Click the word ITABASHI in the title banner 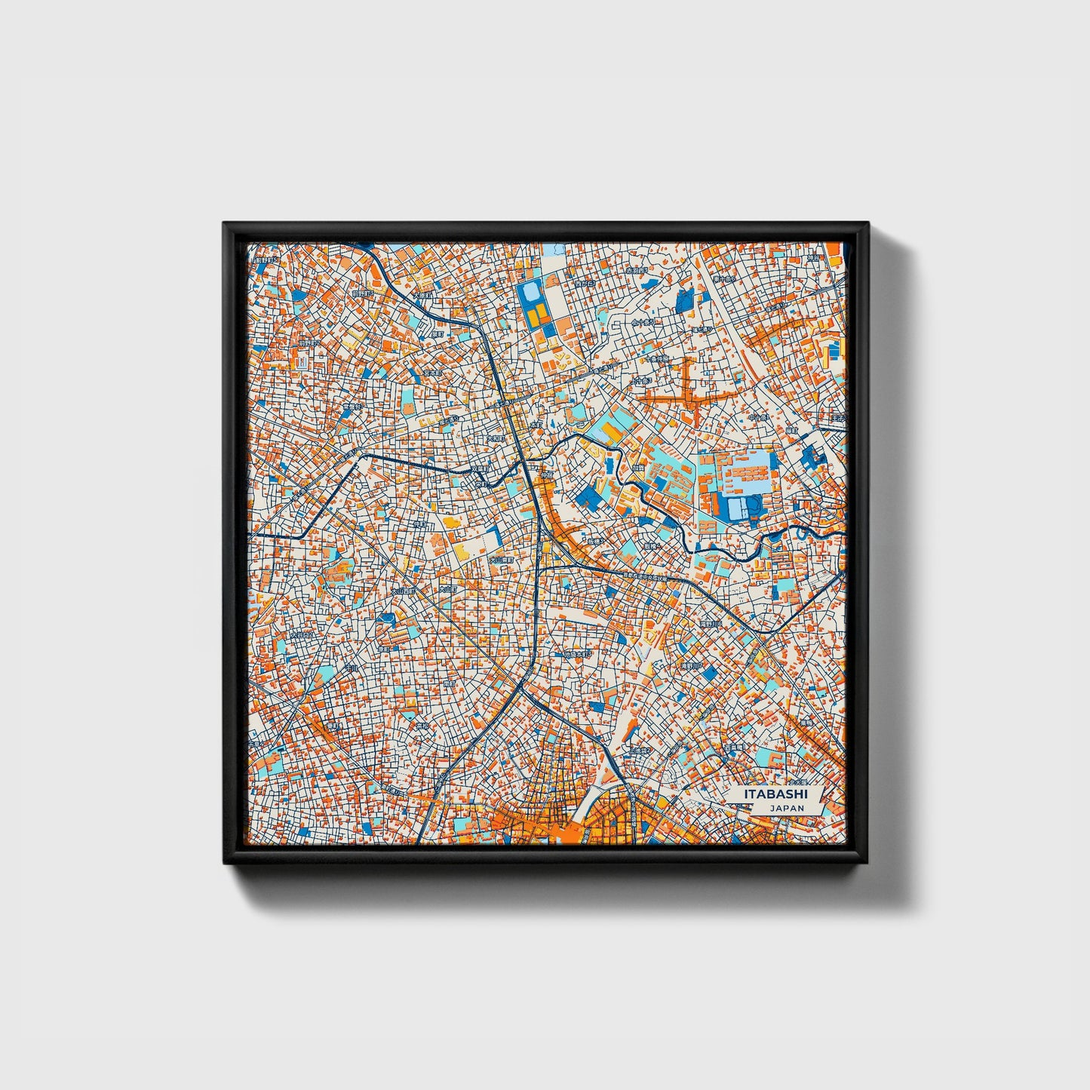tap(775, 794)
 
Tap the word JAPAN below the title tap(787, 808)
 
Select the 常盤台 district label tap(352, 407)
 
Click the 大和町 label tap(495, 438)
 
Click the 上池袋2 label tap(643, 751)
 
